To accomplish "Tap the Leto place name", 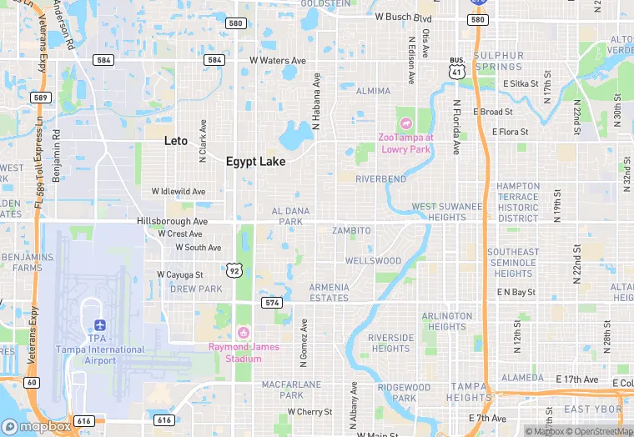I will [x=176, y=141].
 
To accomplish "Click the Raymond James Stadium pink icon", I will [x=244, y=334].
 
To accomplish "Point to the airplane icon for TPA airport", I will [x=100, y=324].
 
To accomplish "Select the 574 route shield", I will [x=271, y=302].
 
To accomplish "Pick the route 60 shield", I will [x=30, y=383].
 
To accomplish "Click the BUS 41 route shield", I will [x=456, y=67].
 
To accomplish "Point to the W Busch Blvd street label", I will [x=403, y=17].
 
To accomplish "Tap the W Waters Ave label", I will [x=278, y=61].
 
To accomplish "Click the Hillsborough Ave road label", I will [x=172, y=222].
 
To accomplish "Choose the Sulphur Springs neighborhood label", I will [x=499, y=62].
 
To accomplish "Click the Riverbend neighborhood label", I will [x=380, y=179].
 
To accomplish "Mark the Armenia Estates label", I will [x=329, y=293].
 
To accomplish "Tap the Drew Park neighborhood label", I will [x=196, y=289].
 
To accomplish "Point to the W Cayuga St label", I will [x=180, y=274].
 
